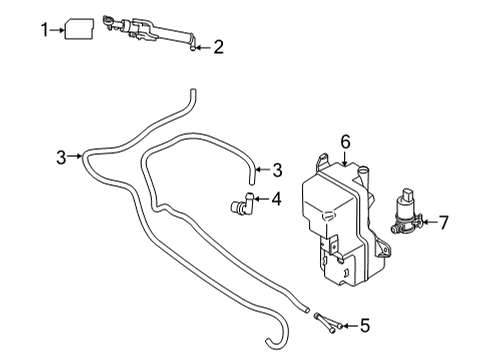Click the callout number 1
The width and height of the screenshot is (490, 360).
(44, 30)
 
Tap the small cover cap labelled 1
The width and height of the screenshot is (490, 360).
(79, 29)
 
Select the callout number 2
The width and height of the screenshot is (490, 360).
(218, 47)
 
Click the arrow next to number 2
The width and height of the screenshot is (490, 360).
(203, 48)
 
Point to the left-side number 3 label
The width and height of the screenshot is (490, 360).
(61, 157)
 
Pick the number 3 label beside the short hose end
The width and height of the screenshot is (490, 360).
(277, 170)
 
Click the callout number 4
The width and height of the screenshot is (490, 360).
(276, 199)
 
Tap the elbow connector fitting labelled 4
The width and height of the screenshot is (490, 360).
(242, 203)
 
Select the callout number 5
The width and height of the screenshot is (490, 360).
(365, 325)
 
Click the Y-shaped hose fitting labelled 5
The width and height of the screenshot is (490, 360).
(327, 322)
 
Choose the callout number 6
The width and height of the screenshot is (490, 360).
(346, 142)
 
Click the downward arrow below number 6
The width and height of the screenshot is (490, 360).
(345, 158)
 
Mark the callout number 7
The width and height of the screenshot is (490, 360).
(444, 222)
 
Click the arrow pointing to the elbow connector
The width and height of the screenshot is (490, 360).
(261, 199)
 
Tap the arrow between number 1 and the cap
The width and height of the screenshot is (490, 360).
(57, 30)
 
